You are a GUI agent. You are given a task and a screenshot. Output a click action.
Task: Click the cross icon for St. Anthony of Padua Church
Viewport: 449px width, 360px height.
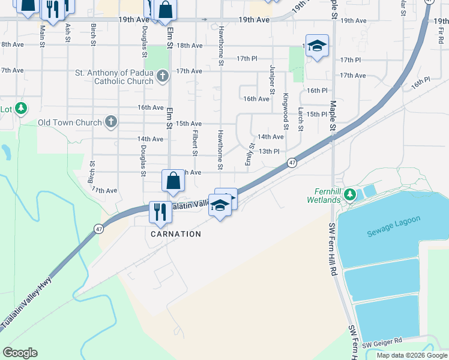pos(162,76)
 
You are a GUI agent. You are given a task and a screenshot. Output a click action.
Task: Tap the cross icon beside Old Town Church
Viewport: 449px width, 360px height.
pos(110,122)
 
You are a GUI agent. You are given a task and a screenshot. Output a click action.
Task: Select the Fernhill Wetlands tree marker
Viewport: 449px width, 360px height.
pos(351,194)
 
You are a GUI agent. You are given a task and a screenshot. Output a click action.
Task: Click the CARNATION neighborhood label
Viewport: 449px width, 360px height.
pos(176,233)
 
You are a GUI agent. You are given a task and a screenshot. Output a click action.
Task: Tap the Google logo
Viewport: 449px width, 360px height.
pos(20,353)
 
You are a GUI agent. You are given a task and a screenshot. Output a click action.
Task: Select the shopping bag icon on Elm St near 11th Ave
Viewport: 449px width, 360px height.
pos(173,180)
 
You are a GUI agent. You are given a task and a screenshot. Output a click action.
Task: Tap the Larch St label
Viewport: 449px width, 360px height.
pos(301,119)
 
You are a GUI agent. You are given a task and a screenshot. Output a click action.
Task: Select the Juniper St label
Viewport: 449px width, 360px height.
pos(272,79)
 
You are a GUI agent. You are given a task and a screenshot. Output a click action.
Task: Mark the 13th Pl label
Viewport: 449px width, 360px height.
pos(269,151)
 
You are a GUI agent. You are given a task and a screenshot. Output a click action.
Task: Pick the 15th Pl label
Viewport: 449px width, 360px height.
pos(316,113)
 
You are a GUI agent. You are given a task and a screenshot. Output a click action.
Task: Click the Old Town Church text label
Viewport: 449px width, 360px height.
pos(70,123)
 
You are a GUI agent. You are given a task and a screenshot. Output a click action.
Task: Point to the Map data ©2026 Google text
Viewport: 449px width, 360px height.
pos(411,355)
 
